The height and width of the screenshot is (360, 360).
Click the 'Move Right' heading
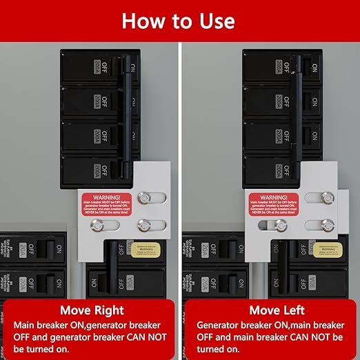(x=91, y=310)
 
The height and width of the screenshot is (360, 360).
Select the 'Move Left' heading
(x=271, y=310)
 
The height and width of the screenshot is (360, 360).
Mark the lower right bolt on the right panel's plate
(x=325, y=225)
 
